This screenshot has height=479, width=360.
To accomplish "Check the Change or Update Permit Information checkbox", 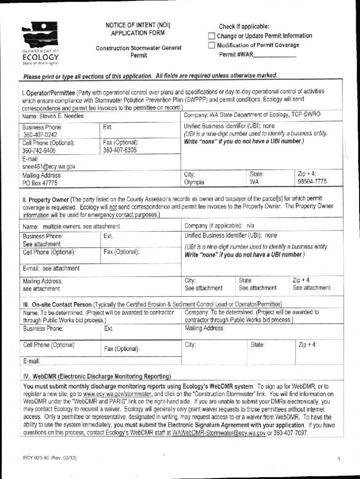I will tap(211, 36).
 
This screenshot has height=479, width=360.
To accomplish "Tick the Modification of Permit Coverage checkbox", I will tap(211, 45).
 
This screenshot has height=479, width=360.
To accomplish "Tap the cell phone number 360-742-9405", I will tap(39, 151).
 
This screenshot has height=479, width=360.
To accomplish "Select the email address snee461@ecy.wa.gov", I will tap(49, 166).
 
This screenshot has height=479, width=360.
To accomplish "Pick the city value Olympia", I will tap(194, 182).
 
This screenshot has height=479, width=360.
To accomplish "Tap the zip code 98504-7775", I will tap(312, 181).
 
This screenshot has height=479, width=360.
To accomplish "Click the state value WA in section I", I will tap(254, 182).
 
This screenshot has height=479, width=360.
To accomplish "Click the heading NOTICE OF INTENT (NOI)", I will tap(137, 26).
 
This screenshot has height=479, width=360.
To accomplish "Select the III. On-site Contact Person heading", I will tap(58, 305).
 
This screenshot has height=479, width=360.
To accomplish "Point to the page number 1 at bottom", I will tap(338, 459).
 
